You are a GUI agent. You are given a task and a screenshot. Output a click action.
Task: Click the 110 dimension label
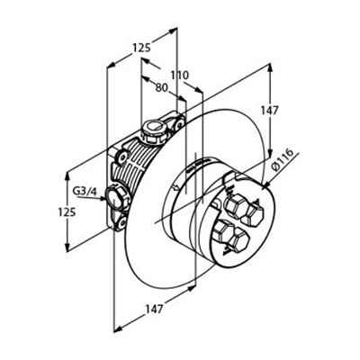click(x=180, y=76)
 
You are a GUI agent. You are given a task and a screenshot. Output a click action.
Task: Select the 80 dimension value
click(x=161, y=87)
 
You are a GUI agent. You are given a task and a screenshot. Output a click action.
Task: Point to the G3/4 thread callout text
click(x=85, y=192)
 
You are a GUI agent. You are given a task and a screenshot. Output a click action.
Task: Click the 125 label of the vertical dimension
click(x=67, y=212)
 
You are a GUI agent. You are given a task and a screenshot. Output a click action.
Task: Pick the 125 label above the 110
click(x=141, y=48)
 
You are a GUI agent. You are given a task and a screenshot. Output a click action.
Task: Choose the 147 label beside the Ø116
click(x=269, y=111)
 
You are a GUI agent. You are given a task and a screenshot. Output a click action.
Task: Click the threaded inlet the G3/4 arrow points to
click(x=115, y=198)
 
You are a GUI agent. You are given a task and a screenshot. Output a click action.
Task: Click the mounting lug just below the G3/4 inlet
click(x=121, y=222)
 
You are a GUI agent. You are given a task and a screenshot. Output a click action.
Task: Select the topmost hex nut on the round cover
click(x=235, y=207)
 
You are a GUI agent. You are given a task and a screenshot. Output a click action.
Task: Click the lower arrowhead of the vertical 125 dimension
click(x=67, y=247)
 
